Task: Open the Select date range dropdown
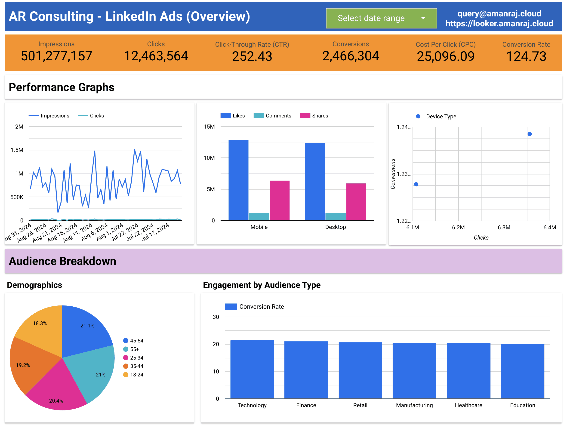pyautogui.click(x=381, y=18)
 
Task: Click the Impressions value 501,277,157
pyautogui.click(x=56, y=56)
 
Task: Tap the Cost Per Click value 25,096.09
pyautogui.click(x=446, y=56)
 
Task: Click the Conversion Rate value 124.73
pyautogui.click(x=526, y=56)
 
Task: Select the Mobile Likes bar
pyautogui.click(x=238, y=179)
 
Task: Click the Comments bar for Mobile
pyautogui.click(x=259, y=216)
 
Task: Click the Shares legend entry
pyautogui.click(x=314, y=116)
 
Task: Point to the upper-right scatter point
pyautogui.click(x=530, y=134)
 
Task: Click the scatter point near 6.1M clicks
pyautogui.click(x=416, y=184)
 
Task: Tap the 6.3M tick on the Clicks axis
pyautogui.click(x=504, y=227)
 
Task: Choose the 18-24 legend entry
pyautogui.click(x=133, y=375)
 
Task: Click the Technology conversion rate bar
pyautogui.click(x=252, y=369)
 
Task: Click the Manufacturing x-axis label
pyautogui.click(x=414, y=405)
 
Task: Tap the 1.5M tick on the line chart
pyautogui.click(x=17, y=150)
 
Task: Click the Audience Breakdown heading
pyautogui.click(x=62, y=261)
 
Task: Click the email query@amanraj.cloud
pyautogui.click(x=499, y=14)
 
